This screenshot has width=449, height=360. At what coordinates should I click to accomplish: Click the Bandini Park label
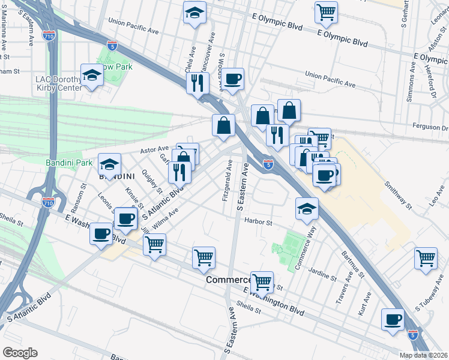70,163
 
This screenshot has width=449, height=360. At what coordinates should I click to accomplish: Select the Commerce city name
228,280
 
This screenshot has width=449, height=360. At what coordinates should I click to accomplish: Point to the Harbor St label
258,222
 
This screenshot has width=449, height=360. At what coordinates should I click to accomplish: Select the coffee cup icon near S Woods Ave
234,78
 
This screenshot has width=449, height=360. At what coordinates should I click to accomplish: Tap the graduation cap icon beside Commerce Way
306,208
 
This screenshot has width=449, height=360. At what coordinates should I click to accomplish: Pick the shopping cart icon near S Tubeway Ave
426,258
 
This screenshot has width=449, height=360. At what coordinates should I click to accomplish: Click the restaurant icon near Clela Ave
197,82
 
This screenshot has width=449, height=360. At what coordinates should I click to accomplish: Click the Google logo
20,353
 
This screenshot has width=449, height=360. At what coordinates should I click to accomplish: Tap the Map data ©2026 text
423,355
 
